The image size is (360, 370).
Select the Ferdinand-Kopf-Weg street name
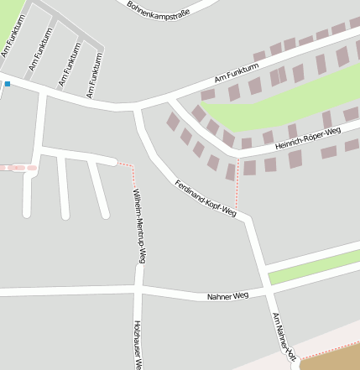pos(206,199)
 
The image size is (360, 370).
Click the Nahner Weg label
pos(228,297)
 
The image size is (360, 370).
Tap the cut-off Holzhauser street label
pos(136,344)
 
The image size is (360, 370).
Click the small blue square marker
pos(7,84)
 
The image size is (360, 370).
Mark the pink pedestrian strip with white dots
pos(18,168)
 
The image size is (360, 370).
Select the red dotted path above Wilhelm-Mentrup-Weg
pos(127,165)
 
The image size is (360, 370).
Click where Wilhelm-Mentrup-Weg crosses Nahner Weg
pos(138,290)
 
